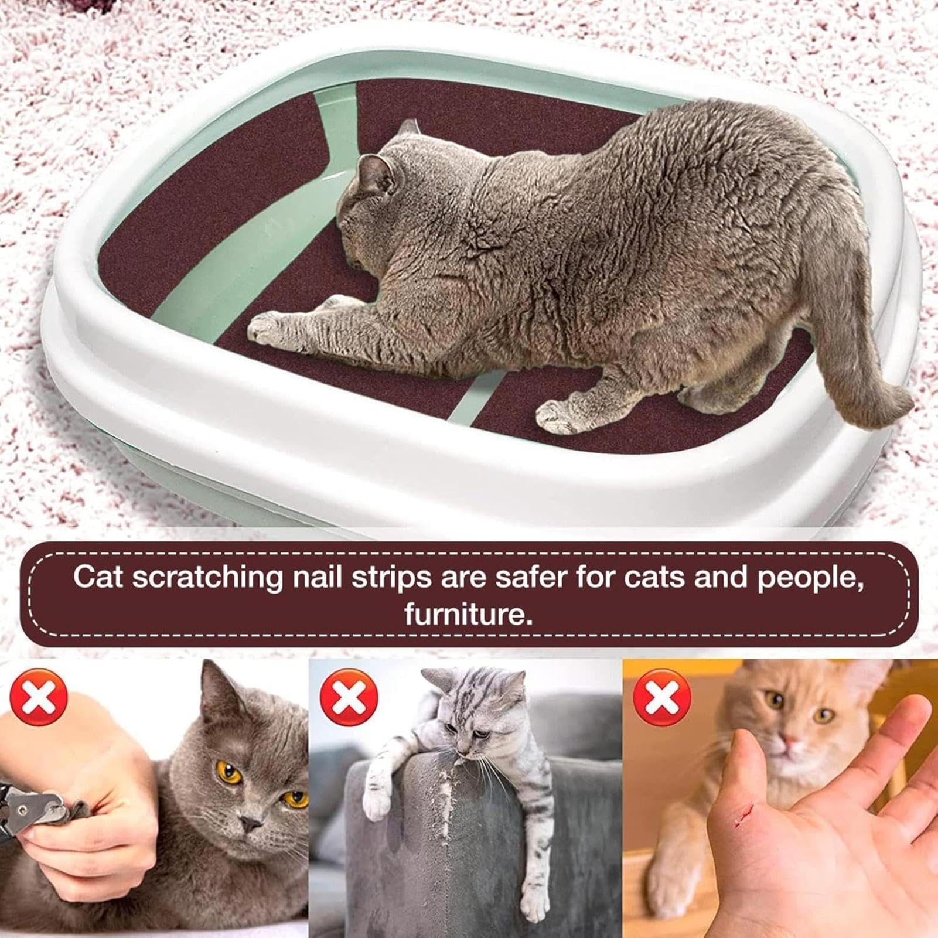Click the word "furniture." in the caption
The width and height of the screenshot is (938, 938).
[469, 614]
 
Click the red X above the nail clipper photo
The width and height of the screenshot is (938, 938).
[39, 697]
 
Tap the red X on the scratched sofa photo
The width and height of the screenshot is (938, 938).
[349, 697]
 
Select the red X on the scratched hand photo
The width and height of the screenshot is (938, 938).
[663, 697]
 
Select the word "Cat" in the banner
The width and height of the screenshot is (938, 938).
[98, 577]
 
